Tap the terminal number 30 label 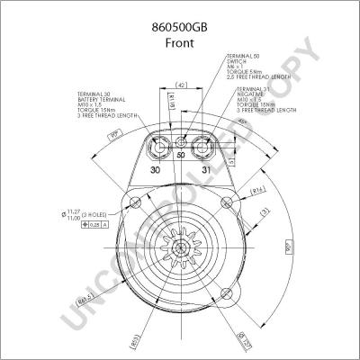[x=156, y=170]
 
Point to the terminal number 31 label [x=205, y=170]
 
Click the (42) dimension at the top [x=181, y=85]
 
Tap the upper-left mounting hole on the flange [x=134, y=200]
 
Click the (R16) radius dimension [x=257, y=191]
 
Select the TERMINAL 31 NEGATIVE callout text [x=265, y=100]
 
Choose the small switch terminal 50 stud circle [x=182, y=143]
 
